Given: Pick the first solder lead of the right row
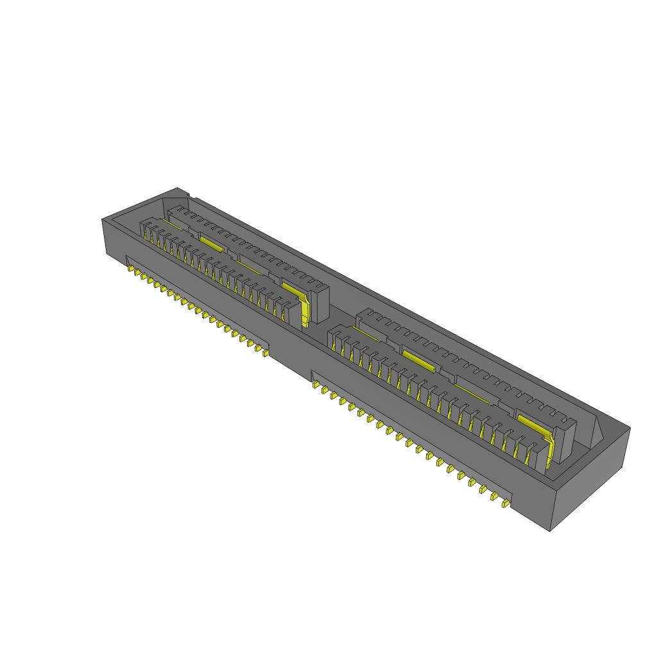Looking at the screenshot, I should [316, 384].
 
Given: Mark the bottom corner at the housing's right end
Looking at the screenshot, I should [552, 531].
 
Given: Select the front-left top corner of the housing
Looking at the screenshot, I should [103, 220].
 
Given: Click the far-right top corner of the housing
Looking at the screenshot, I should [629, 428].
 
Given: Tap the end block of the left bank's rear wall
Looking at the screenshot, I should [319, 302].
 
